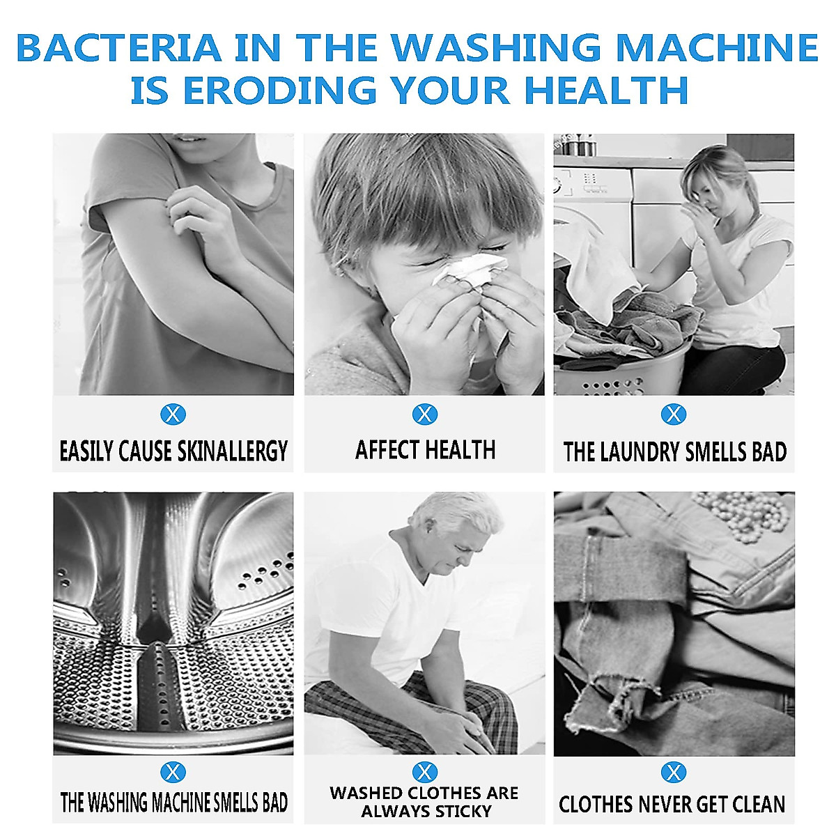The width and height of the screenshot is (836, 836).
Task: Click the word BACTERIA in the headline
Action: point(118,47)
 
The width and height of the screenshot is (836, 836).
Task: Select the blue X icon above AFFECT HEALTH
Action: point(424,415)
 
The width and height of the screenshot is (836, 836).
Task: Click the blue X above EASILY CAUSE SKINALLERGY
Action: point(173,415)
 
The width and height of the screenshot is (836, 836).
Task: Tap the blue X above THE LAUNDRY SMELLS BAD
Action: point(673,415)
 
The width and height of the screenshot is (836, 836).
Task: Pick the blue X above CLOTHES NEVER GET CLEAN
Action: point(673,772)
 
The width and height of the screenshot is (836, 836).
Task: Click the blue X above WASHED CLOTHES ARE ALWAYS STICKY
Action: point(424,772)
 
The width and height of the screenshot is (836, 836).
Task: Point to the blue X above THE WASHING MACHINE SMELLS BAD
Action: point(173,772)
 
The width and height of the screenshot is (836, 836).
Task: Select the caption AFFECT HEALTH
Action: point(425,450)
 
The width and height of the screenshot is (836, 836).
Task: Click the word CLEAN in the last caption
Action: point(755,805)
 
